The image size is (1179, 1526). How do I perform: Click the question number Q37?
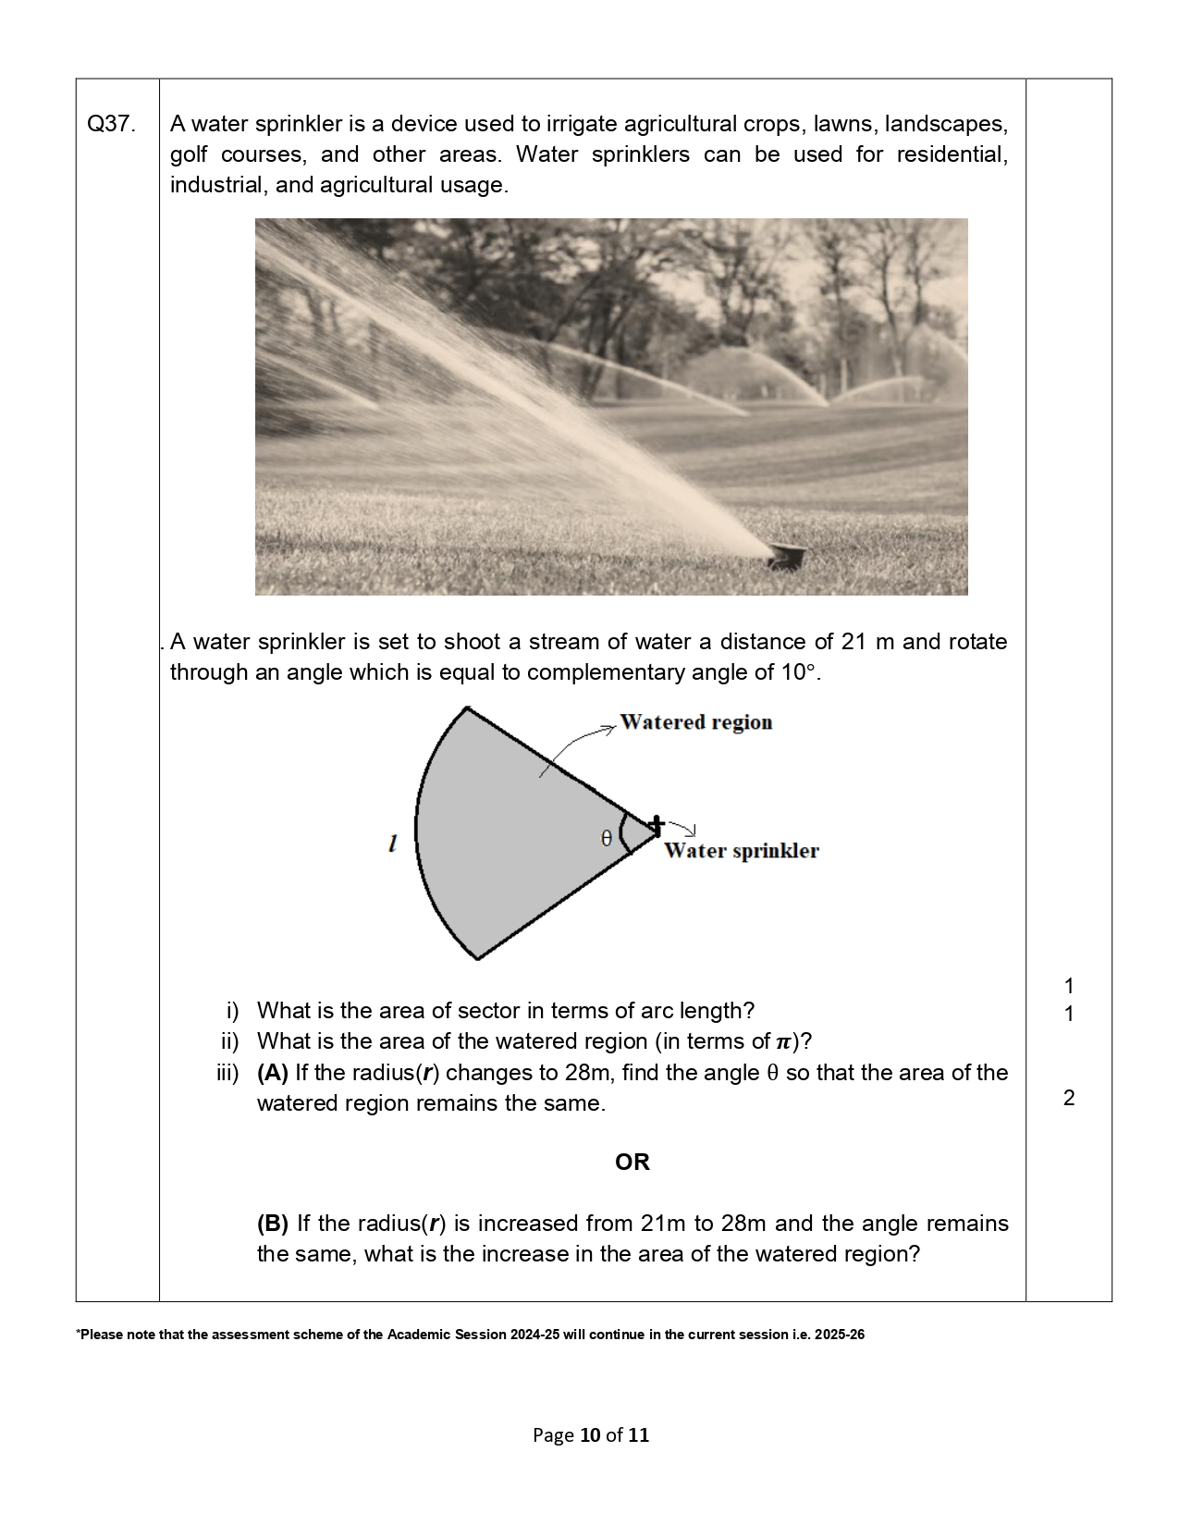pos(110,124)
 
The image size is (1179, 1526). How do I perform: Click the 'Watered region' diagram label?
pos(695,722)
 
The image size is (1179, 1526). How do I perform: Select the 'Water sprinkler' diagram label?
pos(741,851)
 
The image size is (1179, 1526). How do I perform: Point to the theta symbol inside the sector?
pos(607,838)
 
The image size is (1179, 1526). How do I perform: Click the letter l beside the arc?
pos(393,843)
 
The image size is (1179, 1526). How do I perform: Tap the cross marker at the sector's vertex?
pos(656,826)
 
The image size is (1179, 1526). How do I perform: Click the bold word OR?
pos(632,1163)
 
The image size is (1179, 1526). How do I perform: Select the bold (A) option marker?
pos(273,1073)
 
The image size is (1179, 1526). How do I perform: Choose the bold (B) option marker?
pos(273,1224)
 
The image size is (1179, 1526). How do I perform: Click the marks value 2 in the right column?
pos(1069,1098)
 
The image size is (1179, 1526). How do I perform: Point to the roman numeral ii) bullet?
pos(229,1041)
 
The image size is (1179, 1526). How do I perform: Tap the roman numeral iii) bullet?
pos(227,1073)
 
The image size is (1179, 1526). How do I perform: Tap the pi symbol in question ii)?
pos(783,1042)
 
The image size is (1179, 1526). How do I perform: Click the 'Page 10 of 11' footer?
pos(591,1435)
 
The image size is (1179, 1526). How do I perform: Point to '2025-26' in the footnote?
pos(840,1335)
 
